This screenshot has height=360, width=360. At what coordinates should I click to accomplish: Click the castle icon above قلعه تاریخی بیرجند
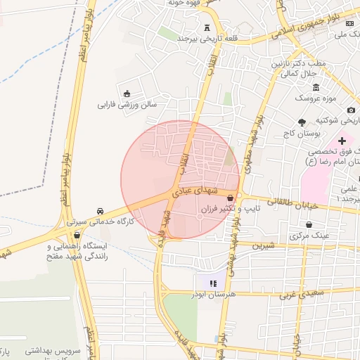pos(207,28)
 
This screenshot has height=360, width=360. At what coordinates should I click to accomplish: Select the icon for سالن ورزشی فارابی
pos(127,94)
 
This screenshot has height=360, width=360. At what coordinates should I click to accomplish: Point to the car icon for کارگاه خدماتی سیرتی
pos(101,210)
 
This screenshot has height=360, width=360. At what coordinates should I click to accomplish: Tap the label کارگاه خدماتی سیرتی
pos(100,221)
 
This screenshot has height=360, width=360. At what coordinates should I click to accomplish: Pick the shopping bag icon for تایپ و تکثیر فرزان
pos(231,198)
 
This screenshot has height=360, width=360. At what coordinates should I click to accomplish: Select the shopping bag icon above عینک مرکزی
pos(310,225)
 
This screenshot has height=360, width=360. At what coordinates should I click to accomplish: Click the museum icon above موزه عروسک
pos(316,86)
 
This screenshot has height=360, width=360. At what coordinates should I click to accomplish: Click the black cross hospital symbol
pos(342,141)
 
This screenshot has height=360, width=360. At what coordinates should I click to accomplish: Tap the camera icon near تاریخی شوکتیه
pos(351,109)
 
